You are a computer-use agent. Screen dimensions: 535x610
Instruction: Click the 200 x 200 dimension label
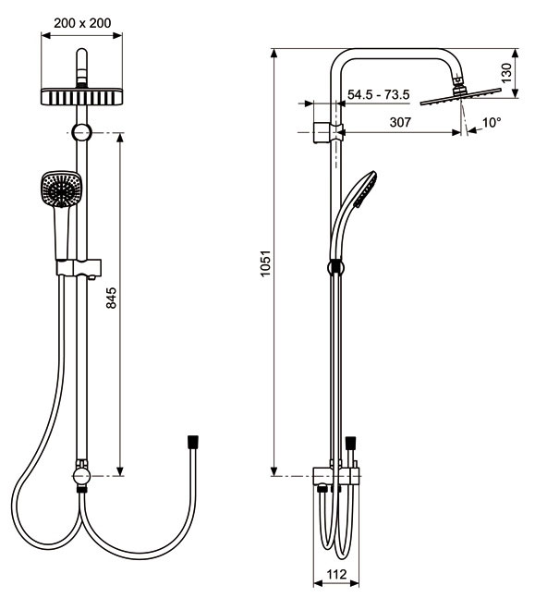82,23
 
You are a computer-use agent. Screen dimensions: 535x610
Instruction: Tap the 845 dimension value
111,298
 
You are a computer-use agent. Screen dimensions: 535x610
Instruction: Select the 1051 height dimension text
265,263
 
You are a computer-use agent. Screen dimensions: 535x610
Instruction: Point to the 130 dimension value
506,73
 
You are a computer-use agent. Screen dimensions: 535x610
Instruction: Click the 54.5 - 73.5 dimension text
378,94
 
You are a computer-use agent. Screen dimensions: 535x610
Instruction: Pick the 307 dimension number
400,122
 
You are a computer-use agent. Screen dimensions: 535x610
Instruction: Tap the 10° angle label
492,123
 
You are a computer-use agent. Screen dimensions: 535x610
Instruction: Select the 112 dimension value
336,574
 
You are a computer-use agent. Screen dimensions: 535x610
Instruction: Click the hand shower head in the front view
61,189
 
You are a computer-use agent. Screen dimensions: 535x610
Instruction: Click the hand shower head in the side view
366,189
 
